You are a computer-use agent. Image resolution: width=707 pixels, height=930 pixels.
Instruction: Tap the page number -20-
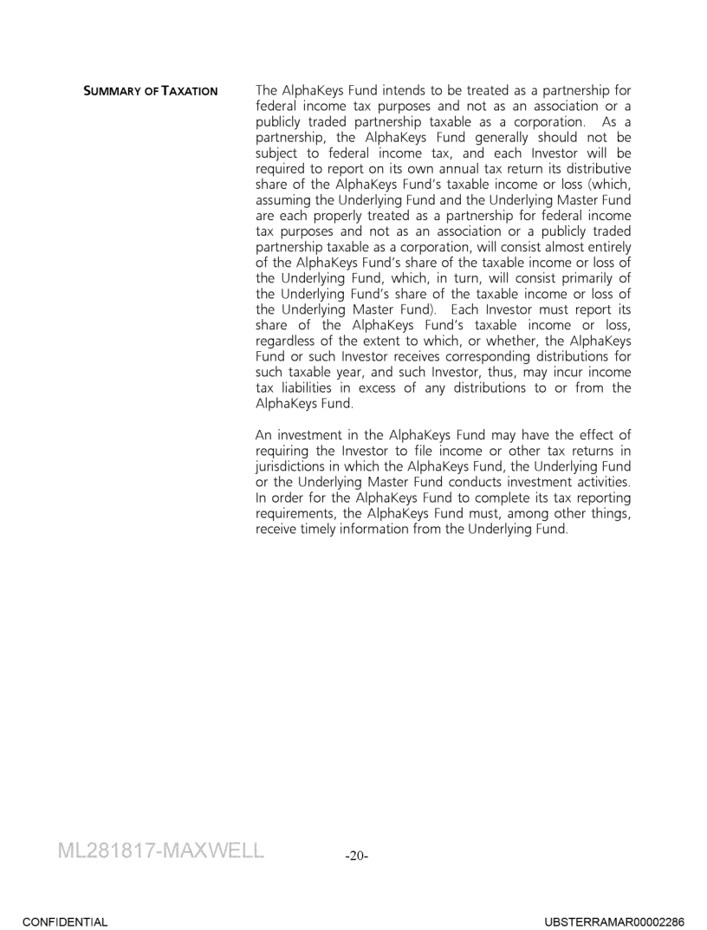click(356, 855)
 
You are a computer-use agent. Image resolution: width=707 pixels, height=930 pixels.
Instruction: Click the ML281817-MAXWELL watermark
click(160, 849)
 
